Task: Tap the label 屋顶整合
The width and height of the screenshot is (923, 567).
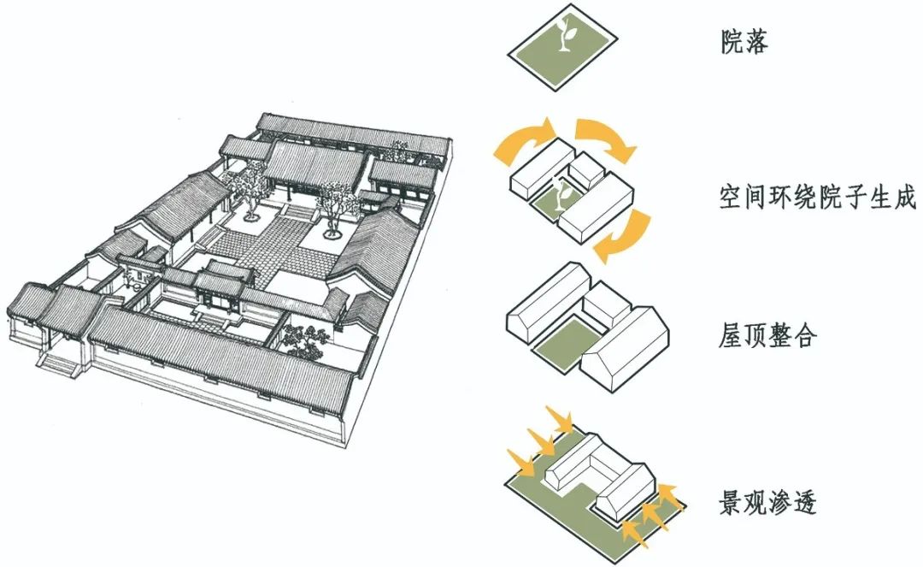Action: tap(767, 335)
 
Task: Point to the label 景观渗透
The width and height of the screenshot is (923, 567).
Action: tap(767, 501)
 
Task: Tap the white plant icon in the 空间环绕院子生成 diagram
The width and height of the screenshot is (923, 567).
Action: tap(561, 192)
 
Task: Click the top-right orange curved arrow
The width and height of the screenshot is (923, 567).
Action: tap(607, 137)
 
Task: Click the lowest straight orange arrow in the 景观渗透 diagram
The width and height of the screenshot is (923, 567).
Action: tap(635, 530)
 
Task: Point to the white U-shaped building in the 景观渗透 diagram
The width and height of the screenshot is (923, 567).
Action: tap(598, 475)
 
